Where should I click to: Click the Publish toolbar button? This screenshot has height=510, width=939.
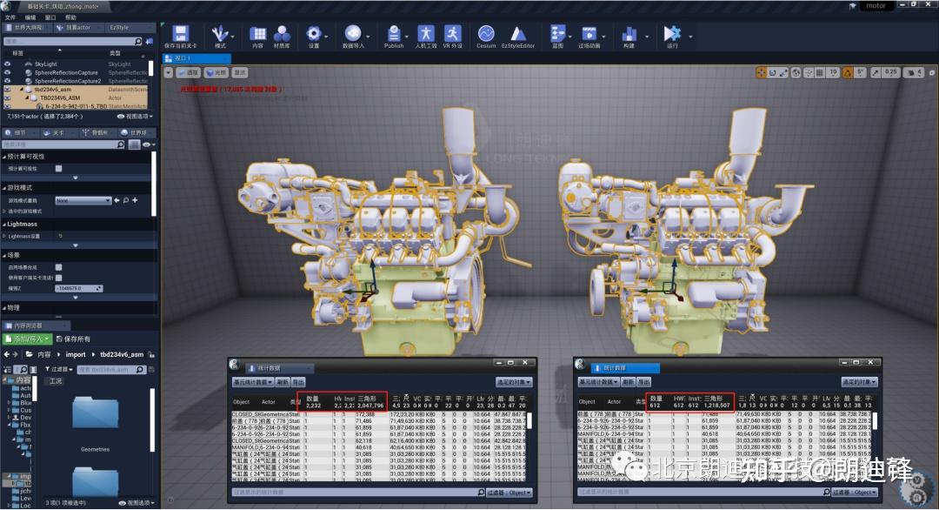pos(393,36)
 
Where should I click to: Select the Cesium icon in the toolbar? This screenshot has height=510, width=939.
pos(485,36)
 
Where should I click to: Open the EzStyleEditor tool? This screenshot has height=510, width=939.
pos(517,36)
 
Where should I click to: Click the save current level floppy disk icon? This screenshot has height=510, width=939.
pos(180,36)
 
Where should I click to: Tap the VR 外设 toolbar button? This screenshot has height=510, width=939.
pos(452,36)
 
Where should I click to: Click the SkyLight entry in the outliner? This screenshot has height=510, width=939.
pos(46,64)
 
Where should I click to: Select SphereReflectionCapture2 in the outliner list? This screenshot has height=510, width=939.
pos(67,81)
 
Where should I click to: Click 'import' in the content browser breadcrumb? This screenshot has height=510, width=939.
pos(76,354)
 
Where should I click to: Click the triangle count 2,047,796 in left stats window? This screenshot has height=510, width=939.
pos(370,406)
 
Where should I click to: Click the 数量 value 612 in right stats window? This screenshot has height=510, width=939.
pos(656,406)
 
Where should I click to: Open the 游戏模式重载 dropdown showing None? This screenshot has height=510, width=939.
pos(83,200)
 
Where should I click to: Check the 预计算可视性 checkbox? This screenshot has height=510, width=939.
pos(58,168)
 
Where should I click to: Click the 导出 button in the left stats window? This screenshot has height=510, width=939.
pos(298,382)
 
